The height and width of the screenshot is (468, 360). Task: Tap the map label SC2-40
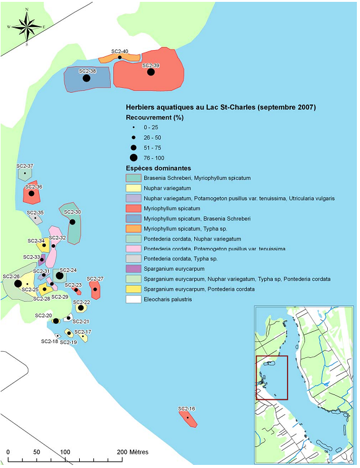[120, 51]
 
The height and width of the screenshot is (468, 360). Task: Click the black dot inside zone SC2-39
[151, 72]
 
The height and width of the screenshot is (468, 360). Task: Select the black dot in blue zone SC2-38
[87, 78]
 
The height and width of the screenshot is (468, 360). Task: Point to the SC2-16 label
[187, 409]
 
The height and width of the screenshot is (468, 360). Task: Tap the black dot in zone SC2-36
[32, 194]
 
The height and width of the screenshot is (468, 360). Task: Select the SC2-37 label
[25, 166]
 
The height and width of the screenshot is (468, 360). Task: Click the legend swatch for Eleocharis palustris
[134, 299]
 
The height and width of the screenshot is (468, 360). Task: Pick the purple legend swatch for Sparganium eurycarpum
[134, 269]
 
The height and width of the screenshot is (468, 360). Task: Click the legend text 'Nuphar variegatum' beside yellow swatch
[167, 189]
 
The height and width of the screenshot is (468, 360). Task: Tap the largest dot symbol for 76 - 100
[134, 158]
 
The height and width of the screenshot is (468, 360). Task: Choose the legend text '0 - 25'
[151, 127]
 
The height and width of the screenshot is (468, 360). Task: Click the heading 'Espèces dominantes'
[158, 168]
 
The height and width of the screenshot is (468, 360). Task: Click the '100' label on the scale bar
[65, 451]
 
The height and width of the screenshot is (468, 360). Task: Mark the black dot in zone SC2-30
[72, 222]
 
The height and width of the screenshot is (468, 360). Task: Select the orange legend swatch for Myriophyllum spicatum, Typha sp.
[134, 229]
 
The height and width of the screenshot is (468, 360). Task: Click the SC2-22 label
[82, 302]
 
